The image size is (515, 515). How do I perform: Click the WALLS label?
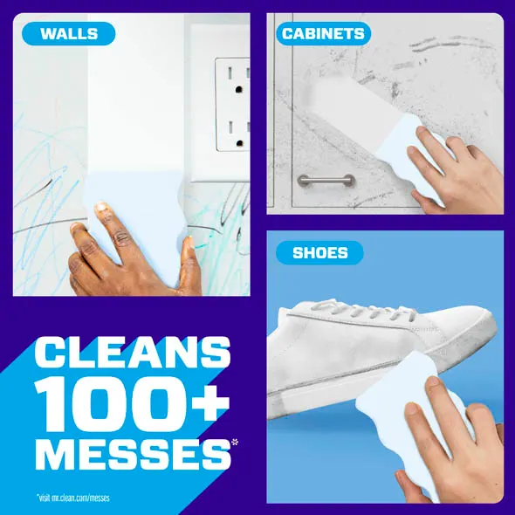point(69,33)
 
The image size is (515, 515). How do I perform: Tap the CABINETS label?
point(323,33)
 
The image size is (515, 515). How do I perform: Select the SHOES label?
point(319,252)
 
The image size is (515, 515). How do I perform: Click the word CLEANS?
point(133,352)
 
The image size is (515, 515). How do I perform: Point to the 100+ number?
point(132,403)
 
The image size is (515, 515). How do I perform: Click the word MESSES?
point(133,454)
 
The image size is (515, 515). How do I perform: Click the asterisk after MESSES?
point(235,443)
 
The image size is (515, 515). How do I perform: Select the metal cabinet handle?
point(326,181)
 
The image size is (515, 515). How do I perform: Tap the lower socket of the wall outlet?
point(239,134)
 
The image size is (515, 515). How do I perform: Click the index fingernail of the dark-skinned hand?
point(101,208)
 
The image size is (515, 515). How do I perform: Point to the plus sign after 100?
point(211,402)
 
